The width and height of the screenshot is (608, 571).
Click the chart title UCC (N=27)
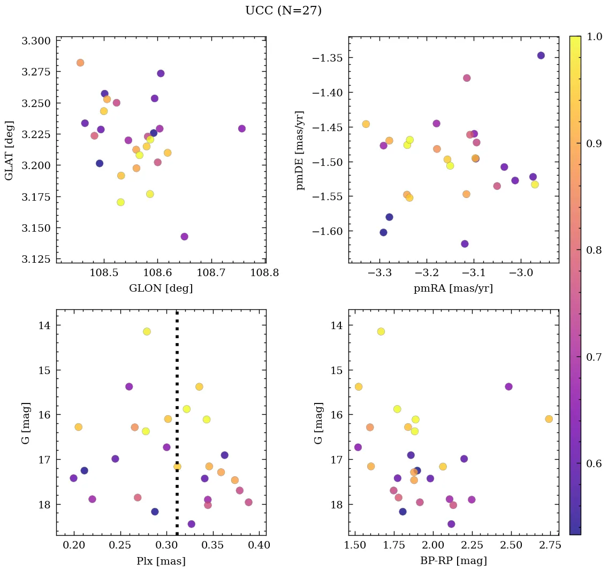click(283, 11)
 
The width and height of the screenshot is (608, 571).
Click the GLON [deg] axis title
click(161, 288)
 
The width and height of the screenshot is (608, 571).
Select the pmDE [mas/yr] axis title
click(300, 150)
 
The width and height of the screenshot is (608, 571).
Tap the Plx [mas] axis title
click(161, 561)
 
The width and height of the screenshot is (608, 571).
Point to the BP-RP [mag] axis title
click(453, 561)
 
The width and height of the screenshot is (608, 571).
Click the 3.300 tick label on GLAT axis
click(35, 41)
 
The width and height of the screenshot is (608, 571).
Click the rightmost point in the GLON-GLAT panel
click(242, 128)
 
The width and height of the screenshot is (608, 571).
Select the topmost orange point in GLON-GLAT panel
click(80, 63)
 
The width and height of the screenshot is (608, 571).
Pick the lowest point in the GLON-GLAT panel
click(185, 237)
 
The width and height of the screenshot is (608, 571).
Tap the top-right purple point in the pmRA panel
click(541, 56)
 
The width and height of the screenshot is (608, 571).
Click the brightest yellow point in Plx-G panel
click(147, 332)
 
